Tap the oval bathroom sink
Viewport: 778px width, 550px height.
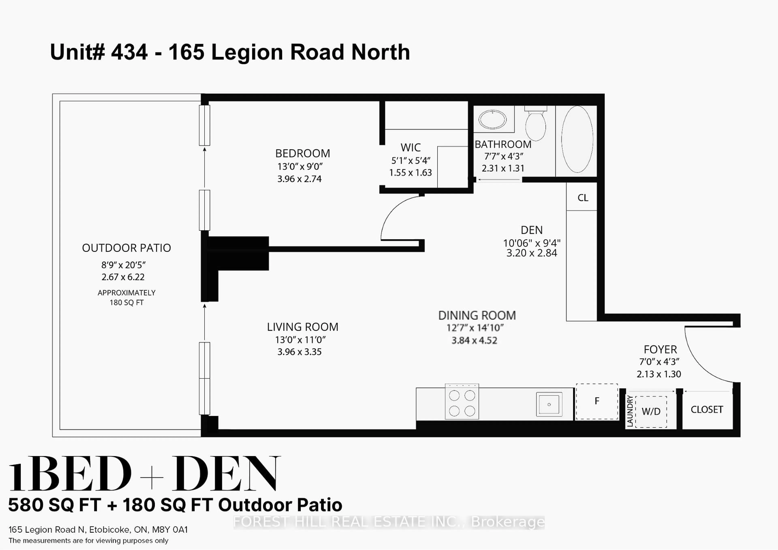[492, 119]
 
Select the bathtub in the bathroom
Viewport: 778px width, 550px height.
[577, 139]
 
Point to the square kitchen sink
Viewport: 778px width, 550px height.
[549, 404]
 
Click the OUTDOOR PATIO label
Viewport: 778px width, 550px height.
[126, 248]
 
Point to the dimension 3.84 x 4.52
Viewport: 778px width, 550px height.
[474, 340]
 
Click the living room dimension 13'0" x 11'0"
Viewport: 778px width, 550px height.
[300, 340]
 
